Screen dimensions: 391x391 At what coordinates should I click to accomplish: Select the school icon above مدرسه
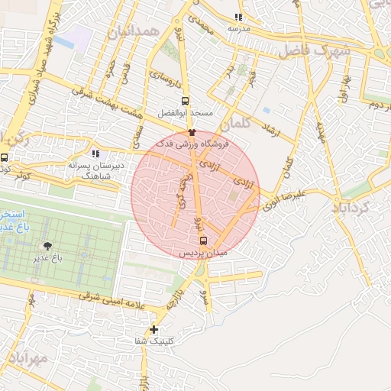[238, 16]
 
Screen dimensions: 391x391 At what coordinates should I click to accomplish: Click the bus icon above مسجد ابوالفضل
[185, 100]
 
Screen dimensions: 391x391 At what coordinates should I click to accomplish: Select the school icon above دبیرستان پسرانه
[95, 153]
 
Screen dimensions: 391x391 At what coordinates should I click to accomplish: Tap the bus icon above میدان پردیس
[202, 240]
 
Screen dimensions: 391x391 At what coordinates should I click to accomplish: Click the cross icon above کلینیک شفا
[154, 330]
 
